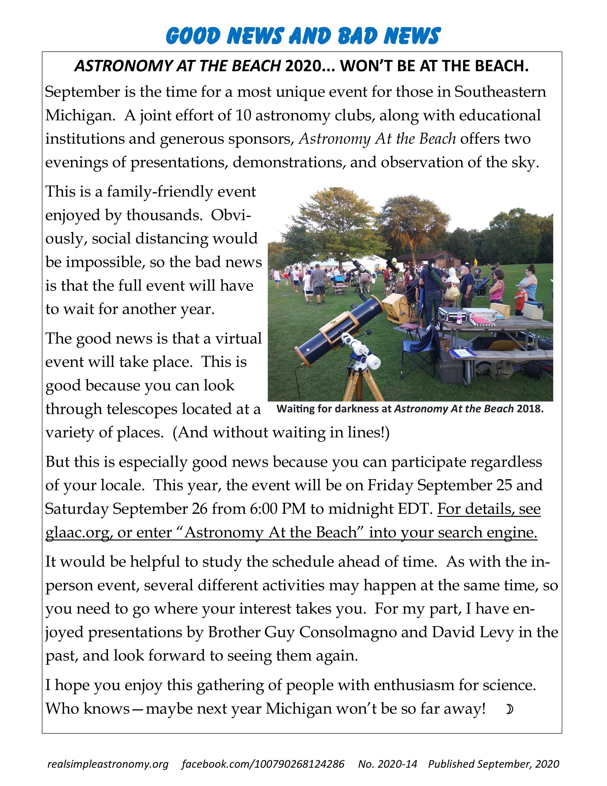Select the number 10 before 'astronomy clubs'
coord(243,116)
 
